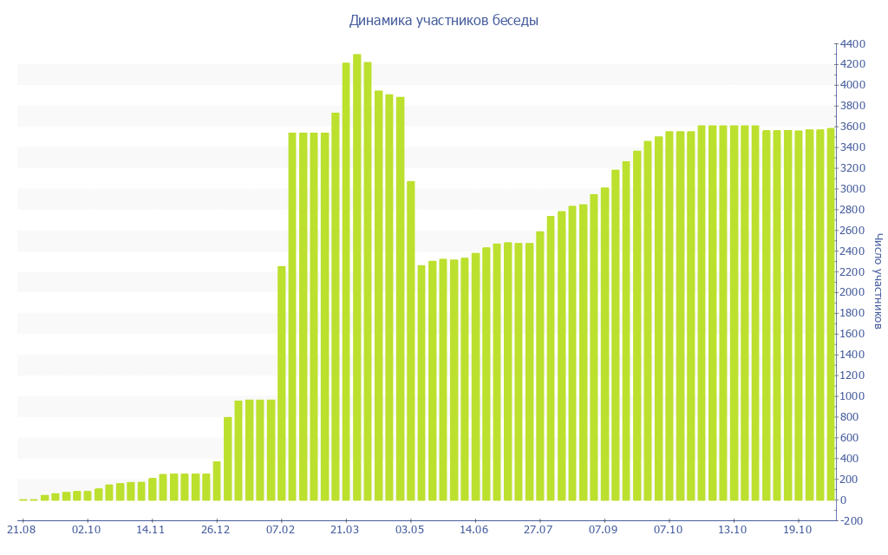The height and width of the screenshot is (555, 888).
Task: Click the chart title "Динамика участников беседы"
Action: pos(443,20)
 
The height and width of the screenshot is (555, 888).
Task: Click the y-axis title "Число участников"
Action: pos(878,281)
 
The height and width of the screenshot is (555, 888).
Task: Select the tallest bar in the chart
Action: pos(357,277)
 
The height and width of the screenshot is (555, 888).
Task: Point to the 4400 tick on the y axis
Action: pos(852,43)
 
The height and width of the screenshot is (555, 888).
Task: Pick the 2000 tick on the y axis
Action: pos(852,292)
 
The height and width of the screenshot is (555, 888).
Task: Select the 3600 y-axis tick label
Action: pos(852,127)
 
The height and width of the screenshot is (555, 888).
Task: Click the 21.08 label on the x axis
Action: pos(21,529)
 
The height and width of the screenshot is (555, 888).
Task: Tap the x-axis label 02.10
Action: pos(87,529)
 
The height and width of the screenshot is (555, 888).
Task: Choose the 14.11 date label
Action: pos(151,529)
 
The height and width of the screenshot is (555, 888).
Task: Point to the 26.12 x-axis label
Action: pos(216,529)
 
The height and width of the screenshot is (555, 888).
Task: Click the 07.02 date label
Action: pos(281,529)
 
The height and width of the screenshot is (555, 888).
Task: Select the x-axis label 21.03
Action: pos(346,529)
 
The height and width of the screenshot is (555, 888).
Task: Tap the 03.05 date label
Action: pos(410,529)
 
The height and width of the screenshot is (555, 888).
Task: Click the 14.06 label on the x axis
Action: pos(474,529)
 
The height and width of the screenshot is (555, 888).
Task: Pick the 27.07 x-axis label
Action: pos(539,529)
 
